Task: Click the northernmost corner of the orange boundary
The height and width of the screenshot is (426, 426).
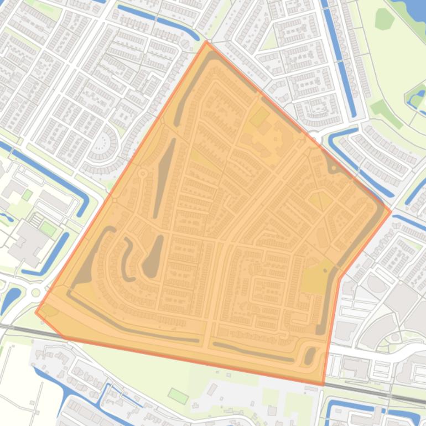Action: (206, 41)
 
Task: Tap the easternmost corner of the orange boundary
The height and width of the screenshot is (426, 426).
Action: (391, 211)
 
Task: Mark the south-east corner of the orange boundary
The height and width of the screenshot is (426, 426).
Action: (323, 385)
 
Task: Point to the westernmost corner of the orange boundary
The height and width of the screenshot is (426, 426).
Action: (36, 311)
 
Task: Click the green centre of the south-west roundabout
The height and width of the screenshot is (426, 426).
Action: (37, 292)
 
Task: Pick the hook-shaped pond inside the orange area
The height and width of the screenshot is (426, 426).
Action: (127, 257)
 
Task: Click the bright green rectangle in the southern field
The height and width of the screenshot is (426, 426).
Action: (178, 396)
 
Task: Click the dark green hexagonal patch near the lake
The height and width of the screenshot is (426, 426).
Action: (383, 19)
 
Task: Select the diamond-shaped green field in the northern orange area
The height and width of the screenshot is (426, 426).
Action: (259, 117)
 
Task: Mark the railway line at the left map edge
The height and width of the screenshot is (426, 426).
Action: (8, 326)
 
